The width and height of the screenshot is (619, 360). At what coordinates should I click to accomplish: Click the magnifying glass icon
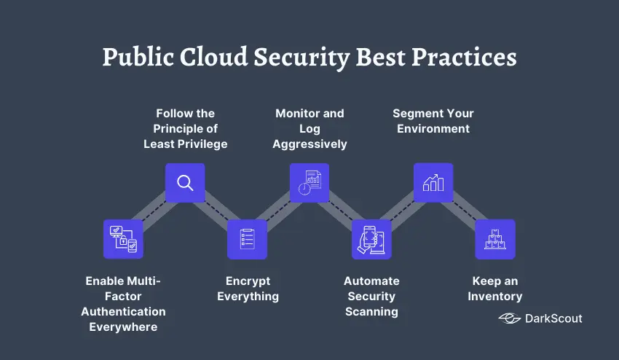[x=185, y=183]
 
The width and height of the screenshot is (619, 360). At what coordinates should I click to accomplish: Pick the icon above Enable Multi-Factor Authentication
[x=123, y=239]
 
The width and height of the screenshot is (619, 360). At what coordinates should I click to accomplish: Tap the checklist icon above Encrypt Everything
[x=247, y=239]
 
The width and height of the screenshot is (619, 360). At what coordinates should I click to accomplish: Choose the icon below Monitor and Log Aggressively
[x=309, y=183]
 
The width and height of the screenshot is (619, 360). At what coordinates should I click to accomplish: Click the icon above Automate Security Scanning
[x=371, y=239]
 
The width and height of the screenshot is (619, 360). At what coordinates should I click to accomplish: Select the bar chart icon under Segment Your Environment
[x=433, y=183]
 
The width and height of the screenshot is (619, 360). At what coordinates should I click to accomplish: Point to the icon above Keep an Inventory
[x=495, y=239]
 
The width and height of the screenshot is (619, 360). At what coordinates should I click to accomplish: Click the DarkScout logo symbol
[x=509, y=318]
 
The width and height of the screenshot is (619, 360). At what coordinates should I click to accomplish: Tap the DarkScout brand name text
[x=553, y=318]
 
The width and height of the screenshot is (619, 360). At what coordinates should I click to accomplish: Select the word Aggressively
[x=309, y=144]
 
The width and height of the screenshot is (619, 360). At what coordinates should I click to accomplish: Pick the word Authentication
[x=123, y=312]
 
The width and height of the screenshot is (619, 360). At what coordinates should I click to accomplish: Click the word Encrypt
[x=248, y=281]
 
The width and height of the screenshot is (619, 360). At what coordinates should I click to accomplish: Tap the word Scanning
[x=371, y=312]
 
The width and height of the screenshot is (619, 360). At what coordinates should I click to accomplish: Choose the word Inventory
[x=495, y=297]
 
